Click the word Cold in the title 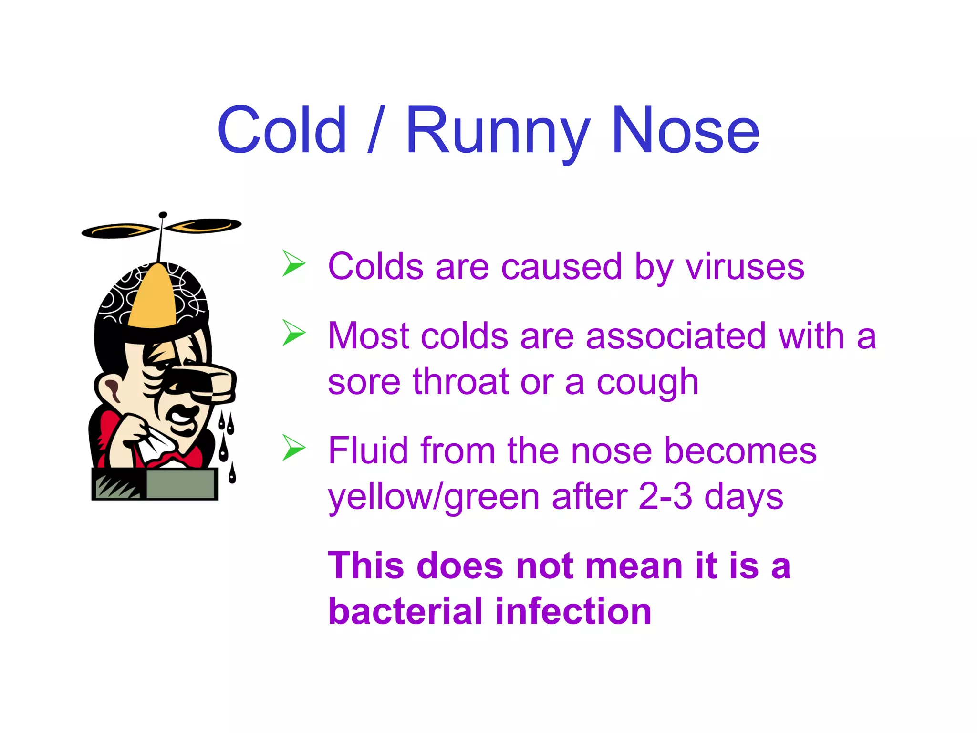281,130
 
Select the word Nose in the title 685,130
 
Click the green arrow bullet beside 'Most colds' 293,333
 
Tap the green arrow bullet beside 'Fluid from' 293,448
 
